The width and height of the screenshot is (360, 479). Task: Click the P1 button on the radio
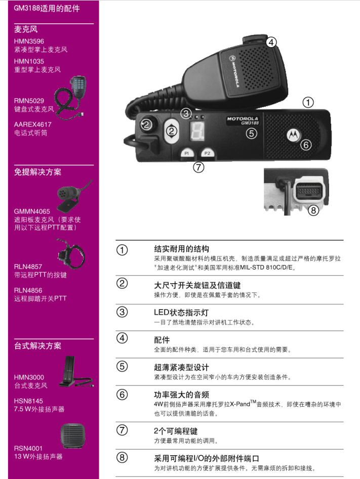186,153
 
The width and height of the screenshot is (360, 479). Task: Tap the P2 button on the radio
207,153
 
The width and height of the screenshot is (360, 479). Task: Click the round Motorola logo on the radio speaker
293,135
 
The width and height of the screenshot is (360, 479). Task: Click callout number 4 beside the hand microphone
271,42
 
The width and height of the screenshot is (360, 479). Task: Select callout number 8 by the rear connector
313,210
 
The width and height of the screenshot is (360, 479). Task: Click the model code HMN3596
29,41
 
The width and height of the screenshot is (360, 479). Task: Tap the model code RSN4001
28,448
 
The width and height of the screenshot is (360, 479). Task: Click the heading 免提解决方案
37,172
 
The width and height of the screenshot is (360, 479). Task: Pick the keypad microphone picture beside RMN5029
70,97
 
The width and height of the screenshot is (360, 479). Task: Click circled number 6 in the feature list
122,395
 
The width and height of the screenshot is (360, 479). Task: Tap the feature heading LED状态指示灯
181,313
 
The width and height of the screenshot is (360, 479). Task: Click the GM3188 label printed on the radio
250,123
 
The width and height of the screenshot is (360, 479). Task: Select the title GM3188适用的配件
47,8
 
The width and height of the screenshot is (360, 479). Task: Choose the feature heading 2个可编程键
176,431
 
